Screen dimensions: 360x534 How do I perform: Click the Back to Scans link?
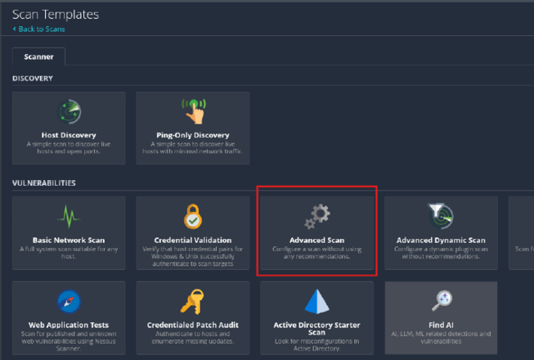(x=40, y=29)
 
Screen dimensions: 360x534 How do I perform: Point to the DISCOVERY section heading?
(x=33, y=79)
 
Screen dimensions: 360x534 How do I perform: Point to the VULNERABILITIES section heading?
(x=44, y=182)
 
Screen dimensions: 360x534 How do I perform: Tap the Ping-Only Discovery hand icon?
(x=192, y=111)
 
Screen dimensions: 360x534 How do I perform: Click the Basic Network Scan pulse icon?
(x=69, y=216)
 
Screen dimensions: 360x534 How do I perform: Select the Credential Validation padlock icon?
(x=192, y=217)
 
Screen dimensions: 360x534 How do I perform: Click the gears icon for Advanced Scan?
(x=317, y=215)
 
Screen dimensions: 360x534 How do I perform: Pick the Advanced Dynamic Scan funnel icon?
(x=441, y=215)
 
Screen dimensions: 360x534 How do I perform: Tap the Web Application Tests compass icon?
(x=69, y=302)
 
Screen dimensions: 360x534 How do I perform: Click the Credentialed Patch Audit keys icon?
(x=192, y=302)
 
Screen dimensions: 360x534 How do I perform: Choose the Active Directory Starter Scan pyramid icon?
(x=317, y=302)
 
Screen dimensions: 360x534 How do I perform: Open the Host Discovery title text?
(x=69, y=135)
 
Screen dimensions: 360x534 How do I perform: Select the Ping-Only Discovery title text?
(x=192, y=135)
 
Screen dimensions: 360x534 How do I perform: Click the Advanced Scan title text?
(x=317, y=241)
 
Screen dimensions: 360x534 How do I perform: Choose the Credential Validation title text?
(x=192, y=241)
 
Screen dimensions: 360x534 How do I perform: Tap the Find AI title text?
(x=441, y=326)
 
